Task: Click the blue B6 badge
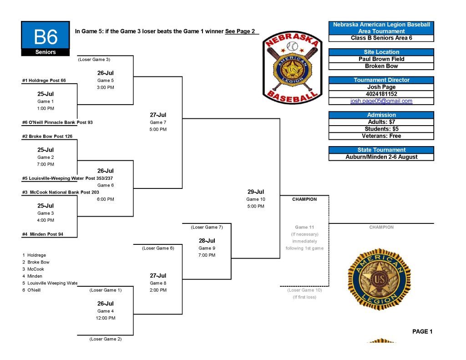point(46,38)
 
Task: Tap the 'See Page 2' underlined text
point(240,31)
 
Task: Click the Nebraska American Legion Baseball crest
point(293,68)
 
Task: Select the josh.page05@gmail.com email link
point(381,101)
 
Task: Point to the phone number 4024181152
point(381,94)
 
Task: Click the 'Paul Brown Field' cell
point(381,59)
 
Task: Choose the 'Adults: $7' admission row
point(381,122)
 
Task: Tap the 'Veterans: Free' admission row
point(381,136)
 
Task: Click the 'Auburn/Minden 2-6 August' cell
point(381,157)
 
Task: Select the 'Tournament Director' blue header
point(381,80)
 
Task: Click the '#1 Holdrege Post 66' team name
point(44,80)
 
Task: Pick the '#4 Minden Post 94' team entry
point(43,234)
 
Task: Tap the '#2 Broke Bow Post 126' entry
point(47,136)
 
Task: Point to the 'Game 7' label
point(158,122)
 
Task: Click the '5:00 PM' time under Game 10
point(256,206)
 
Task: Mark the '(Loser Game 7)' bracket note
point(207,227)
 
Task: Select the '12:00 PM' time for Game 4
point(106,318)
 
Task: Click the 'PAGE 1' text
point(422,331)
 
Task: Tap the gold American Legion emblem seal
point(379,279)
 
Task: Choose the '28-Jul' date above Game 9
point(207,241)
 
